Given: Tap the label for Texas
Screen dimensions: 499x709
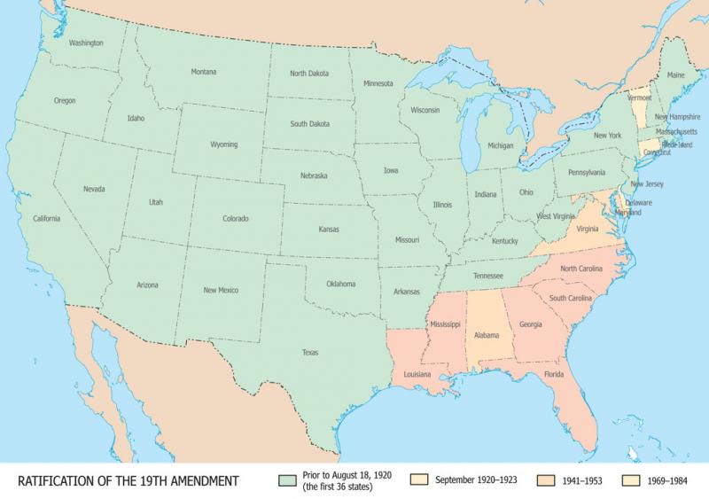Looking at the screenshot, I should click(x=310, y=352).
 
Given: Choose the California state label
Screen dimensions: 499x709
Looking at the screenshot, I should click(x=47, y=218).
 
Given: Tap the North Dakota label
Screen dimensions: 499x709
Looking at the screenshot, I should click(x=309, y=74).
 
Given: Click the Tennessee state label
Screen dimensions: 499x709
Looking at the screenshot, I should click(x=488, y=275).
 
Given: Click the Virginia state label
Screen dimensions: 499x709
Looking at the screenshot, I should click(x=588, y=229).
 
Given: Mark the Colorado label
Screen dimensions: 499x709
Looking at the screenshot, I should click(x=235, y=218).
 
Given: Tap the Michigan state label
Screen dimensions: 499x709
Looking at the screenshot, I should click(x=501, y=144).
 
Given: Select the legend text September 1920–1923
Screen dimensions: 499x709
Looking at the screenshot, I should click(x=477, y=480).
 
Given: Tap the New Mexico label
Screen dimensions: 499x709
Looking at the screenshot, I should click(x=222, y=290).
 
